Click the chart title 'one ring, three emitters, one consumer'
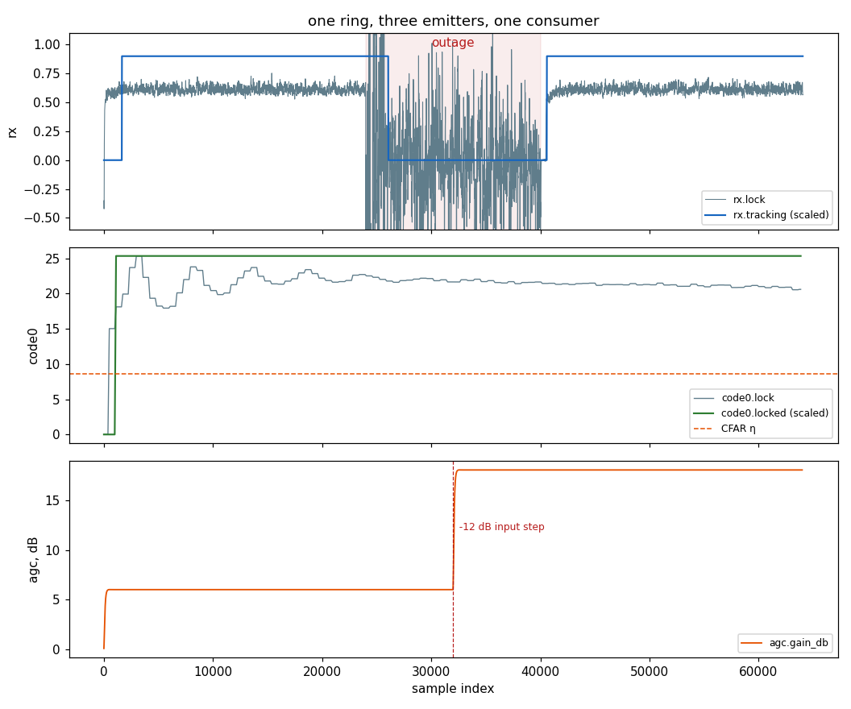[453, 21]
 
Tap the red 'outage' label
[453, 43]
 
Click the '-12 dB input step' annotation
[501, 527]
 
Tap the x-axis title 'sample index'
[453, 689]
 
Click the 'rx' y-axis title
[12, 132]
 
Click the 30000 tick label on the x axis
[431, 672]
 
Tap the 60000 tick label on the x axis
[758, 672]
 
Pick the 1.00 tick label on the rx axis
[48, 44]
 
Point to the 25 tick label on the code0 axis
[53, 259]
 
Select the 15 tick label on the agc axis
[53, 500]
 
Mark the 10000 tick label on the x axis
[213, 672]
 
